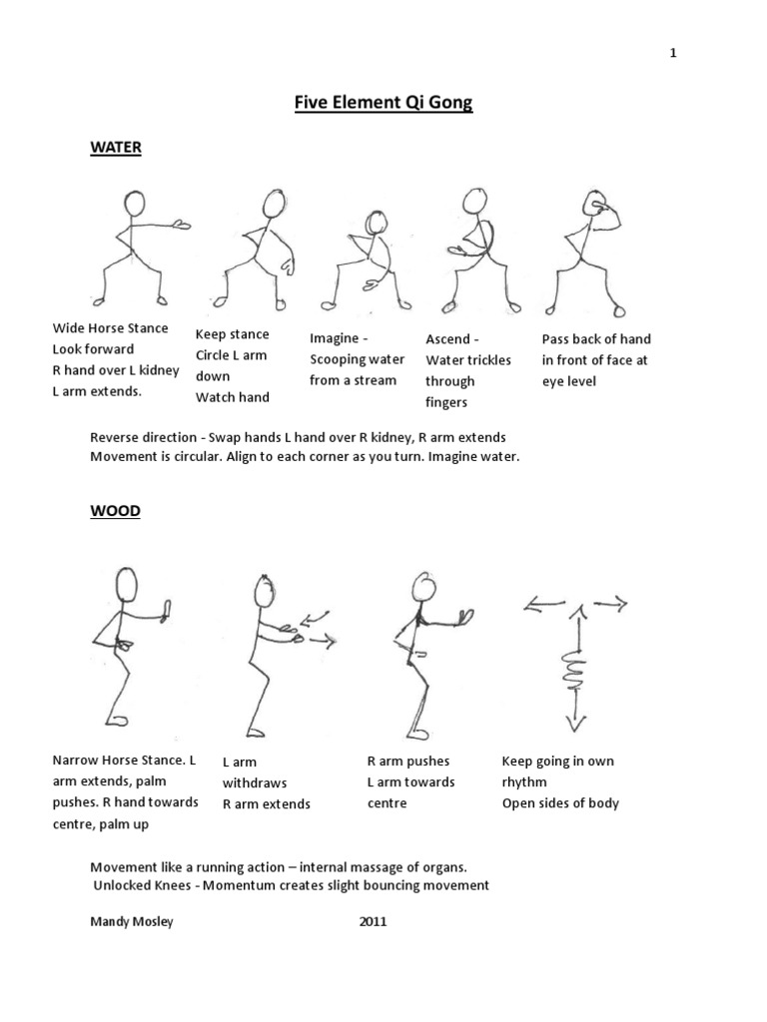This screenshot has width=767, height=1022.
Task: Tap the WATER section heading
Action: [116, 148]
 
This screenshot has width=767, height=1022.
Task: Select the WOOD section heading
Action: [115, 511]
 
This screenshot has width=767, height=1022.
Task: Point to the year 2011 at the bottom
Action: [373, 921]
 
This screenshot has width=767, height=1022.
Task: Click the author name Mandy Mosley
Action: [131, 921]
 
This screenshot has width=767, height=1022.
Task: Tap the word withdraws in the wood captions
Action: [253, 783]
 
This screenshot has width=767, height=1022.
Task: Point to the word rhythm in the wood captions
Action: [525, 782]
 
